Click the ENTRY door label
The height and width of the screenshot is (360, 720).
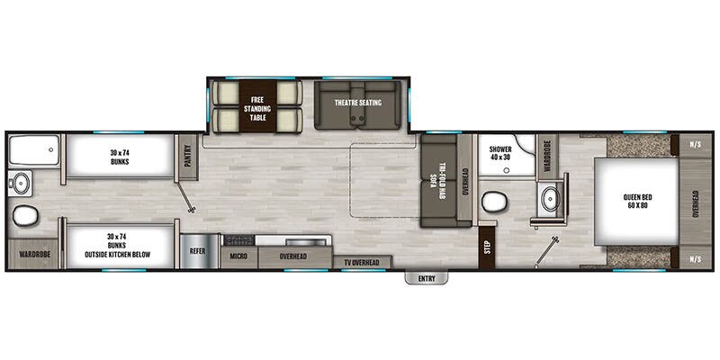pos(426,278)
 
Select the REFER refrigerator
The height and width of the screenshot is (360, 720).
pos(197,251)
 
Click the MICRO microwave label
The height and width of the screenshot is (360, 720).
pos(238,256)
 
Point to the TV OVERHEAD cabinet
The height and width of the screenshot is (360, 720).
pos(363,262)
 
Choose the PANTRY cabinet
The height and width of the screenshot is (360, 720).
pos(188,157)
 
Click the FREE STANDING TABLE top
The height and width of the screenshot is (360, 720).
pos(257,106)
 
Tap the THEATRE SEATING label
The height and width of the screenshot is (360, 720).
pos(358,103)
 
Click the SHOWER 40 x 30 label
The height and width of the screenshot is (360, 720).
pos(500,153)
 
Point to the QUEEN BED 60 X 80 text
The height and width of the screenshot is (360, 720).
pos(638,201)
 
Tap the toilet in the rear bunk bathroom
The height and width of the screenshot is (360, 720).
pos(25,216)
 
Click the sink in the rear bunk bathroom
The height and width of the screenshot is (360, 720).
pos(20,184)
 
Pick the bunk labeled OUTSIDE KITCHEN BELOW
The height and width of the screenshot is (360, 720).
pos(120,246)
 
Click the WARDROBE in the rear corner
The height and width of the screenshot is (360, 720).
pos(33,254)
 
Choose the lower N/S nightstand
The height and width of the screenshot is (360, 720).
pos(695,259)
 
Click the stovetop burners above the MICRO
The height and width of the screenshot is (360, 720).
pos(238,239)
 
